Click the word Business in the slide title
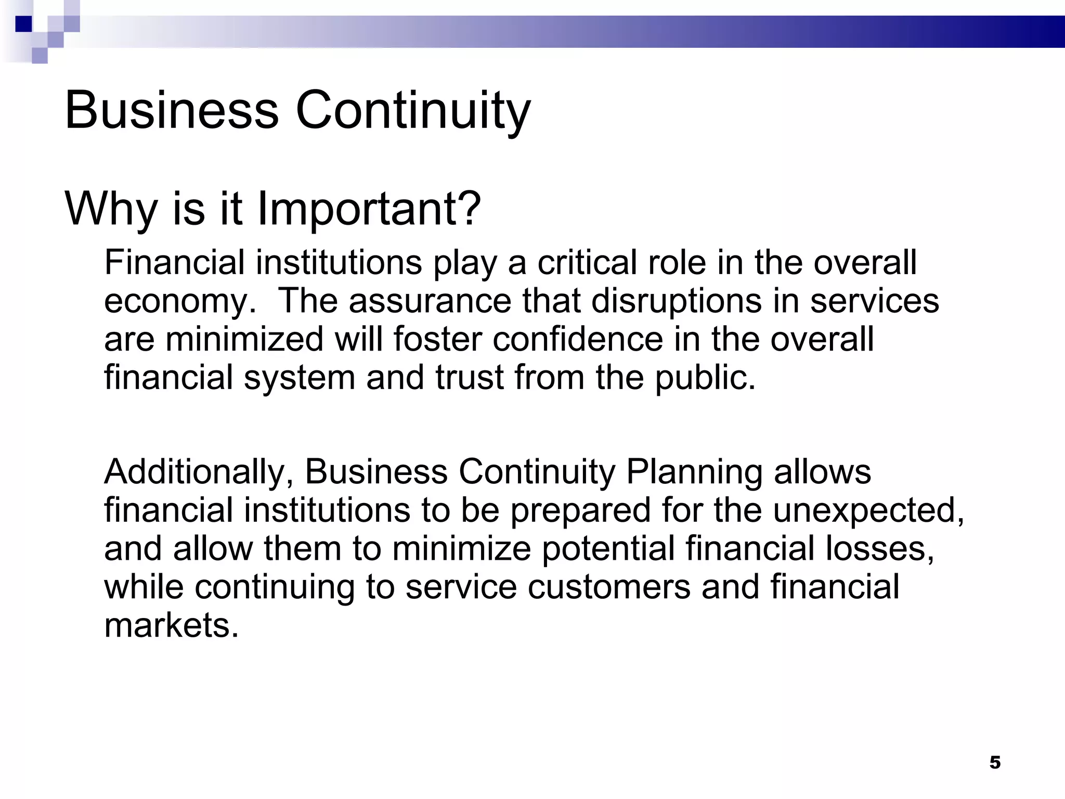click(x=172, y=110)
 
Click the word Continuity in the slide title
click(x=413, y=110)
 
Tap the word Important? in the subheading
click(x=369, y=209)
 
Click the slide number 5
click(x=995, y=763)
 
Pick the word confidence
click(x=578, y=339)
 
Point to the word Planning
click(x=694, y=472)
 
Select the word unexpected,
click(x=868, y=511)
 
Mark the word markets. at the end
click(x=172, y=625)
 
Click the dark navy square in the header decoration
click(x=24, y=24)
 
